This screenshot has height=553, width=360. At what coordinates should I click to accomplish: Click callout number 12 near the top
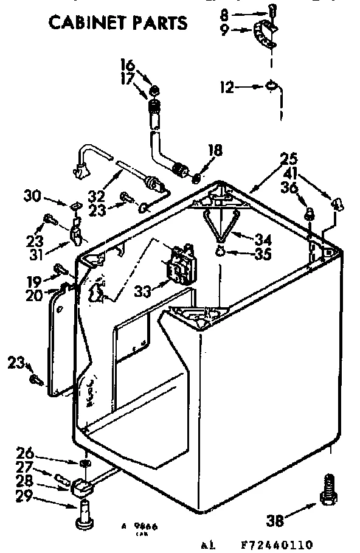(226, 88)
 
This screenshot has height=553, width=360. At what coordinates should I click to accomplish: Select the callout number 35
(262, 254)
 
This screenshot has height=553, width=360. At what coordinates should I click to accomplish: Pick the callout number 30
(33, 195)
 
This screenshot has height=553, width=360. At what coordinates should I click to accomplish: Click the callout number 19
(33, 282)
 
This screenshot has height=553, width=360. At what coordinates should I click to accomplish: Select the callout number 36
(289, 188)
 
